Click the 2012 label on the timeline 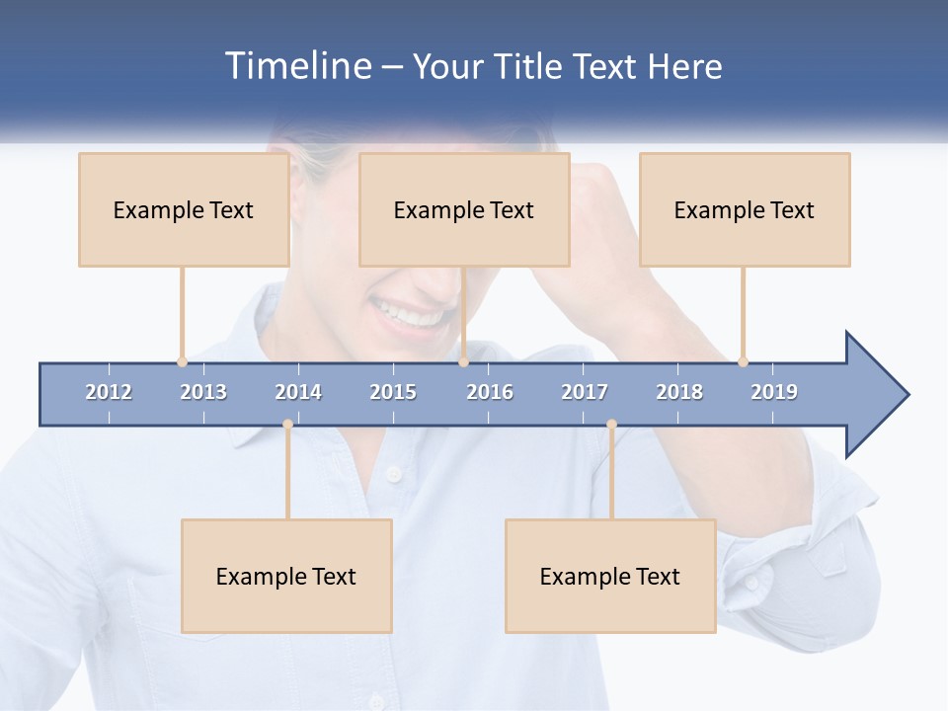(x=109, y=392)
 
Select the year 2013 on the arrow (x=203, y=392)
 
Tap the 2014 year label (x=298, y=392)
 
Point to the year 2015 (x=393, y=392)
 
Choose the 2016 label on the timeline (x=490, y=392)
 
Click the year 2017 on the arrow (x=585, y=392)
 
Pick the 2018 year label (x=679, y=392)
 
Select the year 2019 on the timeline (x=774, y=392)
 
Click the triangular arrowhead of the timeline (x=874, y=394)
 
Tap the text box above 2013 (x=184, y=209)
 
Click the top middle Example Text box (x=464, y=209)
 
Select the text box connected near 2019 (x=745, y=209)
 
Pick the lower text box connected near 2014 (x=286, y=576)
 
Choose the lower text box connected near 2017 (x=610, y=576)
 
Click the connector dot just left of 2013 (x=182, y=361)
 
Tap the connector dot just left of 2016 (x=464, y=361)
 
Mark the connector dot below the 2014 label (x=287, y=424)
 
